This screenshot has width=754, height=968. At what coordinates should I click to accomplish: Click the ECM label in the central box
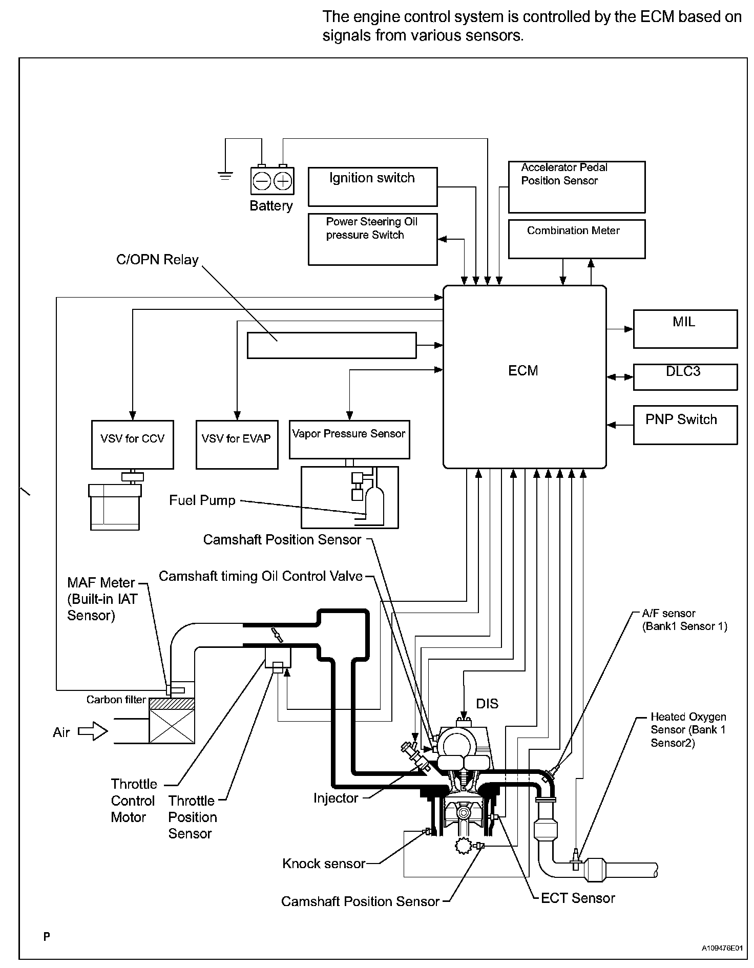523,371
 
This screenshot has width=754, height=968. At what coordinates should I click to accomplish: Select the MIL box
685,329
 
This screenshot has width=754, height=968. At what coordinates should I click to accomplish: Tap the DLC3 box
685,377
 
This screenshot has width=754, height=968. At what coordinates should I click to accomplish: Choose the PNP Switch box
685,425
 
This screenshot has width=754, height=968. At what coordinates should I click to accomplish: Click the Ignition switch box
372,186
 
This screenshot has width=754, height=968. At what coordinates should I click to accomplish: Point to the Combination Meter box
576,239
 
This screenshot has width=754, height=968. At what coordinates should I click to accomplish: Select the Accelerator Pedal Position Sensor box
576,187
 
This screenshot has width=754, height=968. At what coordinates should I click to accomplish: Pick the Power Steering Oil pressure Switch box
372,239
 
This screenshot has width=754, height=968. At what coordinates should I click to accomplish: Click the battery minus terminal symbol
262,181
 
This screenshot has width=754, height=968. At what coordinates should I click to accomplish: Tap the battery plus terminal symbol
283,181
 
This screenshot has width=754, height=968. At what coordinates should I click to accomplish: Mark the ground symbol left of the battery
225,176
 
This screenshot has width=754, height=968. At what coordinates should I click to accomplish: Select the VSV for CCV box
132,444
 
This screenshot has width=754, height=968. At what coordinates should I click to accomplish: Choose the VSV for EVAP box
237,444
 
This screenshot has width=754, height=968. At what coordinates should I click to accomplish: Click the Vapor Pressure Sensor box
349,439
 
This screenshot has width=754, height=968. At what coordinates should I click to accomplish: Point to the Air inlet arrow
93,731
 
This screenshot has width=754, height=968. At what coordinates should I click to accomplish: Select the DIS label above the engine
487,704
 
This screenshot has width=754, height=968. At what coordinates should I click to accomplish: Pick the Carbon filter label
116,700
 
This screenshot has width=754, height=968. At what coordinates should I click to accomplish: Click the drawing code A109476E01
722,948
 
